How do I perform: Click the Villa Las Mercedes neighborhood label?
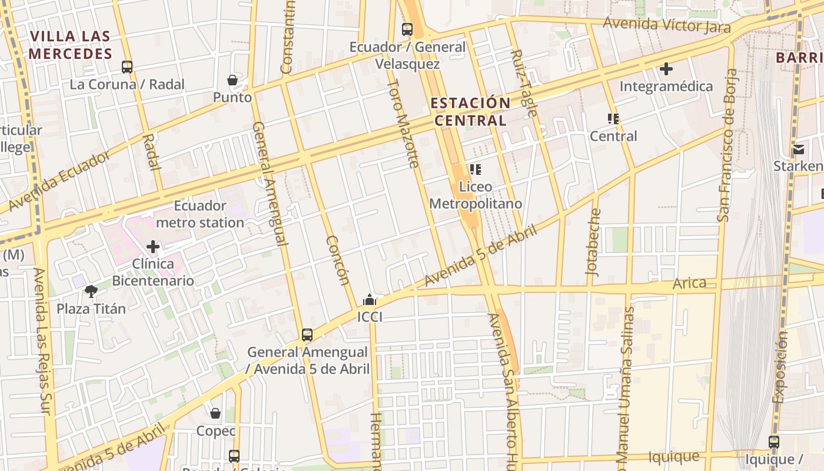tap(70, 45)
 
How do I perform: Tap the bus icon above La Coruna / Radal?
tap(127, 67)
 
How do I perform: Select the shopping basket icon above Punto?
tap(232, 80)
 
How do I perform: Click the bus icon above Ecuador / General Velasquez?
tap(407, 29)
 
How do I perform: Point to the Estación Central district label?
tap(470, 111)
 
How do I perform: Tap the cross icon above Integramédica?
tap(666, 69)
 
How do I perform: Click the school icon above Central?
tap(613, 119)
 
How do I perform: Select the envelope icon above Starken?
tap(798, 149)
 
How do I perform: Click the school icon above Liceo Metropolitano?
tap(476, 170)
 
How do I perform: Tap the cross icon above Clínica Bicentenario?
tap(153, 246)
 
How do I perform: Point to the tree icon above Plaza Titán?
tap(91, 291)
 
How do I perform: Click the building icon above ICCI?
tap(369, 300)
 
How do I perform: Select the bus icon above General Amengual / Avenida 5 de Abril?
tap(307, 335)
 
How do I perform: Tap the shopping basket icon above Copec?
tap(215, 413)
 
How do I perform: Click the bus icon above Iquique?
tap(773, 442)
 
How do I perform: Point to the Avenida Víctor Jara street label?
tap(667, 25)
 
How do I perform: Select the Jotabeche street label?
tap(594, 242)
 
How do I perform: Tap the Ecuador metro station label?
tap(200, 214)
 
